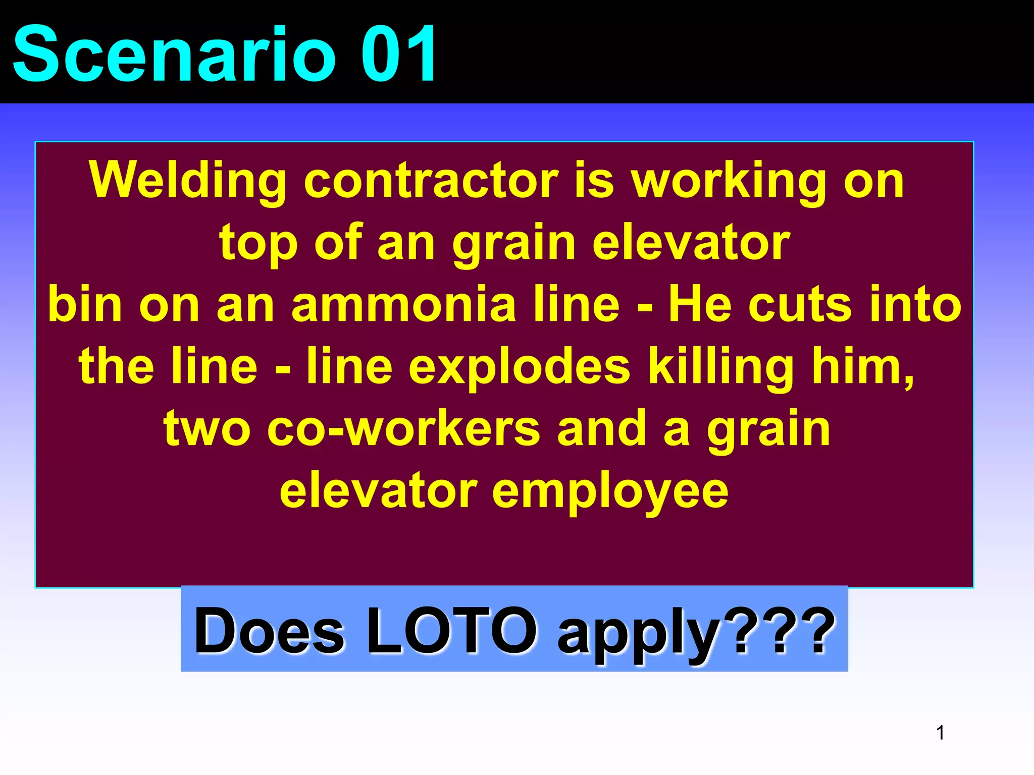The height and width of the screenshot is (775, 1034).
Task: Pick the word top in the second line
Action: [258, 243]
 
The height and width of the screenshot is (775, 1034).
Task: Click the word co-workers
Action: [403, 428]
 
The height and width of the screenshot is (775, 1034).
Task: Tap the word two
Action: [207, 428]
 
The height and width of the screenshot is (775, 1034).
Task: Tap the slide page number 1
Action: [940, 733]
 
